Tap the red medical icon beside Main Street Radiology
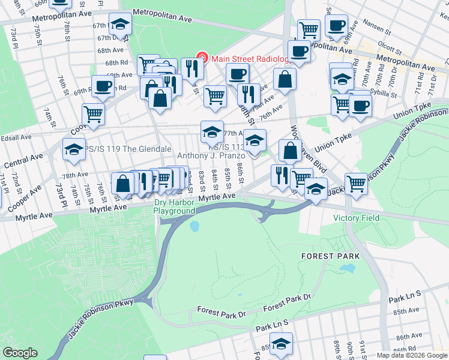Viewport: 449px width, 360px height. pyautogui.click(x=203, y=58)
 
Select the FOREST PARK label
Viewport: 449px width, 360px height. pyautogui.click(x=330, y=256)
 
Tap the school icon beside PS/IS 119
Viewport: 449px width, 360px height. pyautogui.click(x=74, y=149)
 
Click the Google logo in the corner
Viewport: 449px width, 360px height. pyautogui.click(x=20, y=353)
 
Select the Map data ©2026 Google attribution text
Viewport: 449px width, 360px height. pyautogui.click(x=412, y=355)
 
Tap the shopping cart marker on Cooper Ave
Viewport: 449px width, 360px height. pyautogui.click(x=93, y=113)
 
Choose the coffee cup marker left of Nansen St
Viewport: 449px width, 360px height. pyautogui.click(x=336, y=26)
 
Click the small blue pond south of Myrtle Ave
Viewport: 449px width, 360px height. pyautogui.click(x=194, y=227)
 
